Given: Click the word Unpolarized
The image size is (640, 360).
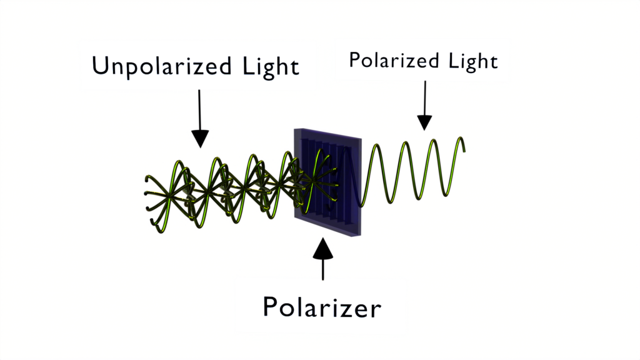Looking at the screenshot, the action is pyautogui.click(x=162, y=66).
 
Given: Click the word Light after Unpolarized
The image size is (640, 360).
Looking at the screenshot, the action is pyautogui.click(x=271, y=66).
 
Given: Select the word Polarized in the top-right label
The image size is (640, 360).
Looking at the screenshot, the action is pyautogui.click(x=394, y=61).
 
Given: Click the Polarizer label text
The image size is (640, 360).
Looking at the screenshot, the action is pyautogui.click(x=322, y=307).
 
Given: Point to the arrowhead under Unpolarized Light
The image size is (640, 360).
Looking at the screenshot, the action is pyautogui.click(x=200, y=139).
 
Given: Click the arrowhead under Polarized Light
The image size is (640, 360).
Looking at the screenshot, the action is pyautogui.click(x=424, y=122).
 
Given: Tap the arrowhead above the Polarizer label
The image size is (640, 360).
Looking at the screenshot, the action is pyautogui.click(x=323, y=248).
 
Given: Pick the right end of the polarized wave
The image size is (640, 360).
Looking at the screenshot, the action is pyautogui.click(x=464, y=151).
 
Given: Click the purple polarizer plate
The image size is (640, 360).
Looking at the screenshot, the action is pyautogui.click(x=327, y=182).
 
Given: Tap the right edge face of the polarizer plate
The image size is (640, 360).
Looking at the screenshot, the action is pyautogui.click(x=359, y=187).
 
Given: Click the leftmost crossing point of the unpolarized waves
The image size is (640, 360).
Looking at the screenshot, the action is pyautogui.click(x=169, y=196).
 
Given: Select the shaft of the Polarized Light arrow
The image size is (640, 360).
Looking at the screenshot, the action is pyautogui.click(x=425, y=98).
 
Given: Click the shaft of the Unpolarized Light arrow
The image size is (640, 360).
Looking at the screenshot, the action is pyautogui.click(x=199, y=110).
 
